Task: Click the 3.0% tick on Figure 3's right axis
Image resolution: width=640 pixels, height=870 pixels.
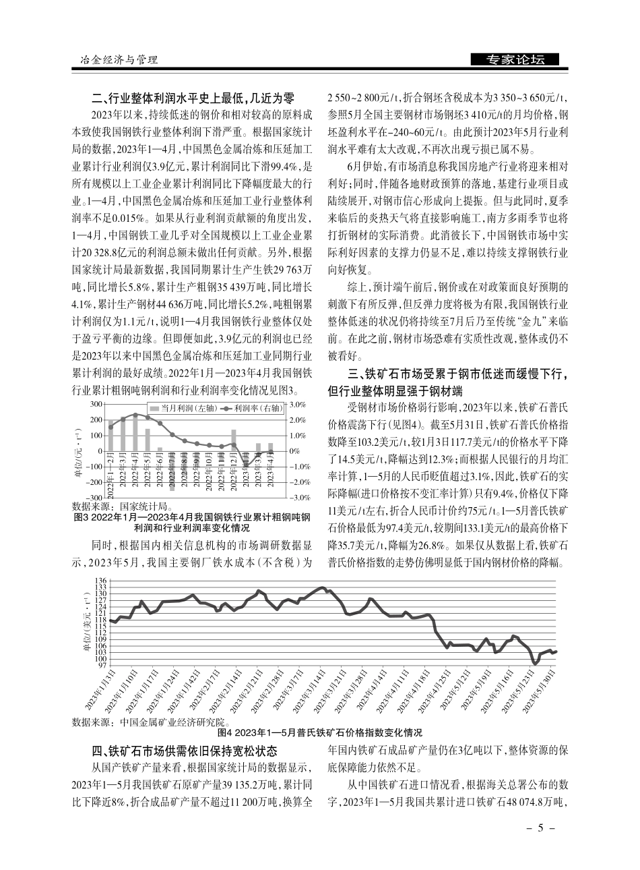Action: click(x=297, y=405)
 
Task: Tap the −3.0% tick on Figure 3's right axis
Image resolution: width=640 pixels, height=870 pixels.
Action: click(x=297, y=497)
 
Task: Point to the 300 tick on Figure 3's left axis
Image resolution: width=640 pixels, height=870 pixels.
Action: click(x=94, y=405)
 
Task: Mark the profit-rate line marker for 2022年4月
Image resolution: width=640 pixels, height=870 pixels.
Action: click(x=135, y=415)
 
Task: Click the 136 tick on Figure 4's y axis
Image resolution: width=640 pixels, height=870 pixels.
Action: click(x=100, y=581)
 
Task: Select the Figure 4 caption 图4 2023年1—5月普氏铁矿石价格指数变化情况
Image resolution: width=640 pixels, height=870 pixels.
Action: click(x=319, y=732)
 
